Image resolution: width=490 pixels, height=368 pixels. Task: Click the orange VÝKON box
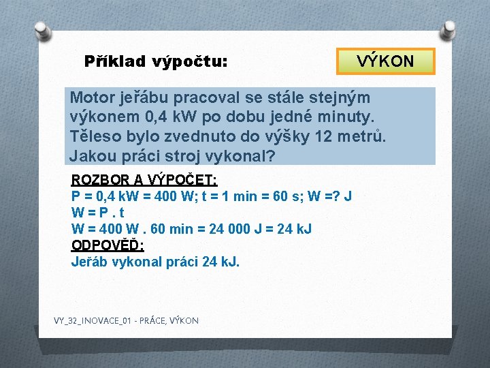point(385,61)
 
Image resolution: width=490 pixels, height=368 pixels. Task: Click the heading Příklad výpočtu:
point(155,62)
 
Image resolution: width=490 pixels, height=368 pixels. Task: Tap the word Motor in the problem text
point(91,97)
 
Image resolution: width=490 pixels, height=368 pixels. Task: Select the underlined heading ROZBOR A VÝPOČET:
point(144,181)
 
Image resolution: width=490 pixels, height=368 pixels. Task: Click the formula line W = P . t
point(98,213)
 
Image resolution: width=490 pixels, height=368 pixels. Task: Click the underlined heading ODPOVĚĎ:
point(108,245)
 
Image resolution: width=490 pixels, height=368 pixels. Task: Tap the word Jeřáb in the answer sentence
point(90,261)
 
